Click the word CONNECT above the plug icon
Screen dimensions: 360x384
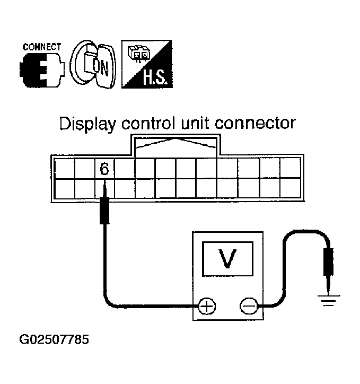tap(41, 47)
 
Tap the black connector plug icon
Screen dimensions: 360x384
tap(41, 71)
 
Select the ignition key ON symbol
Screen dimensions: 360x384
tap(93, 64)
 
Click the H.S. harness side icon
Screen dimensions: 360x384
tap(147, 64)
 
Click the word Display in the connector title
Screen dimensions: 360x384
tap(87, 124)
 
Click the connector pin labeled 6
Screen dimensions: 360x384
tap(104, 169)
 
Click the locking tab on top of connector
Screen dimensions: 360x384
tap(175, 146)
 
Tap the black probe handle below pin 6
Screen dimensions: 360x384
tap(104, 211)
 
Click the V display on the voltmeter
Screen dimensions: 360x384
tap(227, 259)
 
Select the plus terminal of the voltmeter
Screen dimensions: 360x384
tap(207, 306)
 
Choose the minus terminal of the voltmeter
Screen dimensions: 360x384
tap(249, 306)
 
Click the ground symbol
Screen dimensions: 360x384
tap(328, 301)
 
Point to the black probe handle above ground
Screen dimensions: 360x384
tap(328, 262)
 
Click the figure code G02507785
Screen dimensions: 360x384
tap(54, 339)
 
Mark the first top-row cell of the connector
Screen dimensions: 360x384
tap(64, 169)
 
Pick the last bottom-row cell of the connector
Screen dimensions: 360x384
tap(290, 188)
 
